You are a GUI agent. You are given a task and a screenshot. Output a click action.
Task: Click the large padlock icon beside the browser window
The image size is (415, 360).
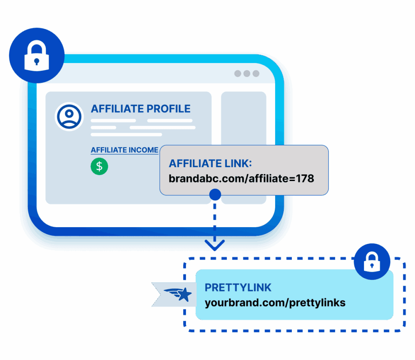point(36,55)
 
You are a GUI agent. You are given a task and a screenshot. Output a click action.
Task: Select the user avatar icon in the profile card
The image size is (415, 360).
point(69,116)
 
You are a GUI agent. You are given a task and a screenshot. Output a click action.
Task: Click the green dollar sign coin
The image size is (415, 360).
point(99,166)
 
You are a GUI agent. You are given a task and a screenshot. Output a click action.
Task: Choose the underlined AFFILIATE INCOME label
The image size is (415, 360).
point(124,150)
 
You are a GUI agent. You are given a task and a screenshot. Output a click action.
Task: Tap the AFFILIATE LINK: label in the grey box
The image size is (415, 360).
point(210,164)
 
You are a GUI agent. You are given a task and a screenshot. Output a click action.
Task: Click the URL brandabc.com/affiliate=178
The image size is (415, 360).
point(242,178)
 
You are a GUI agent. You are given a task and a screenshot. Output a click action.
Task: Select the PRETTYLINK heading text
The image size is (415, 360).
point(238,288)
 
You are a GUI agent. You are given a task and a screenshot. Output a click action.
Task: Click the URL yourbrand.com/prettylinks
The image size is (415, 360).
point(275,302)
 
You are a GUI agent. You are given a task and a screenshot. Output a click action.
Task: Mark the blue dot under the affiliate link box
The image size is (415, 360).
point(215,195)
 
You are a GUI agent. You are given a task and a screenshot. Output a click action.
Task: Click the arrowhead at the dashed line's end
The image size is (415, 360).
point(215,245)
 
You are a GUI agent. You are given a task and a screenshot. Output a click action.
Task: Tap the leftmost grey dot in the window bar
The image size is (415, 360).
point(237,74)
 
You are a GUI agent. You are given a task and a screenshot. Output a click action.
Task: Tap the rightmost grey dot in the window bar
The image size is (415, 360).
point(256,74)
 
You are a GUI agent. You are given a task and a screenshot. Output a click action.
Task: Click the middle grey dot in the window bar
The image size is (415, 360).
point(247,74)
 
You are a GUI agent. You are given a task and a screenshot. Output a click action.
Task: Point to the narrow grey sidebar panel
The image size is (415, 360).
point(244,121)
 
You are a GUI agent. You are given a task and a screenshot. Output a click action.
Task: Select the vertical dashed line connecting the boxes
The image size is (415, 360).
point(215,221)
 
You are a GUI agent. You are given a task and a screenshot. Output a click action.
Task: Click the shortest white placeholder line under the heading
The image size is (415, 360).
point(103,127)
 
